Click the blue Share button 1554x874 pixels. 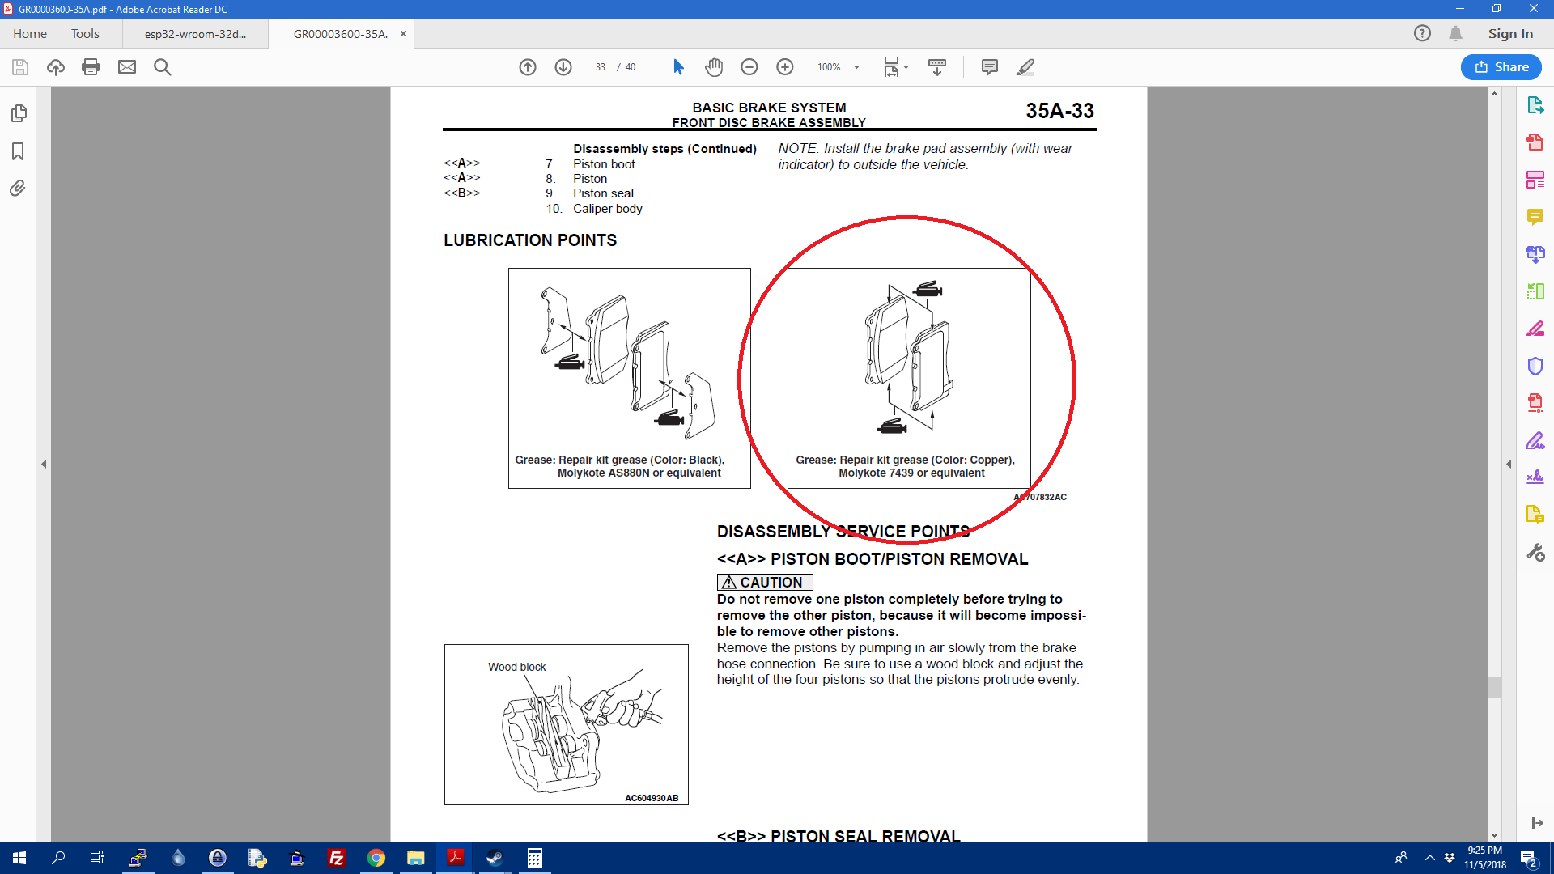point(1501,67)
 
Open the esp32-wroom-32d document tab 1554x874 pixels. point(195,34)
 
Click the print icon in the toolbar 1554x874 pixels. point(91,67)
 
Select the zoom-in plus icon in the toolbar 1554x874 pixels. point(784,67)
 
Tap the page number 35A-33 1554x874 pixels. point(1059,111)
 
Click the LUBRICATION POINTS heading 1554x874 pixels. point(530,240)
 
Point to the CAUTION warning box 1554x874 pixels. point(765,583)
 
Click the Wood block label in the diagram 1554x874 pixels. point(517,667)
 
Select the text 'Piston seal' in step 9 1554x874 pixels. point(604,193)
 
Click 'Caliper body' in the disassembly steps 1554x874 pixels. point(608,209)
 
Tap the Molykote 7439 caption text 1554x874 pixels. point(911,473)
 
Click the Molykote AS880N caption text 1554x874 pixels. point(639,473)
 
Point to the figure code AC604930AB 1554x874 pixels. point(652,798)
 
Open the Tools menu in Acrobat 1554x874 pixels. point(85,34)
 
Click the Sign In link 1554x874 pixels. point(1510,34)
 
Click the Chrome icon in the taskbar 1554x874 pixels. point(376,858)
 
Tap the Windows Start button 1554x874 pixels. point(19,858)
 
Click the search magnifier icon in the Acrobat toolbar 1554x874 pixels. point(163,67)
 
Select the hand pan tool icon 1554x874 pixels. point(714,67)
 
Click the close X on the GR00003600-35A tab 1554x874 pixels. point(403,34)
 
